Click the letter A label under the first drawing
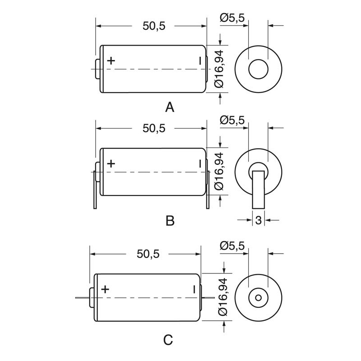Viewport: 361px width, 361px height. [170, 107]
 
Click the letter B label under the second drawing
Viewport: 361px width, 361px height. [170, 221]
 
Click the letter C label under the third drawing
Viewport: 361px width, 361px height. [168, 340]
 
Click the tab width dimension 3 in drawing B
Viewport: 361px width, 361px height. [258, 220]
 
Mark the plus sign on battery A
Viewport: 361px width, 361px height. [111, 60]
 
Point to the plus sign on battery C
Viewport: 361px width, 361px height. [105, 289]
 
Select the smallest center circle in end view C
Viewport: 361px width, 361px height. [258, 298]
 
